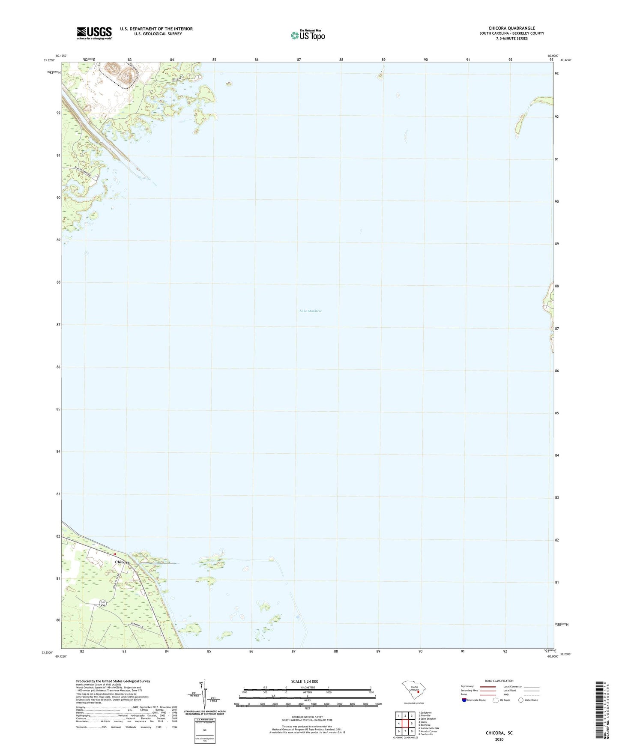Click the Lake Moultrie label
[310, 311]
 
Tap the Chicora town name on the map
[122, 562]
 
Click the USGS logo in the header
[94, 33]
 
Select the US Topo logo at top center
[308, 35]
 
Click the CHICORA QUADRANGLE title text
[511, 28]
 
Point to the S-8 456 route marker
[102, 604]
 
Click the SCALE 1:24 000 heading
[305, 681]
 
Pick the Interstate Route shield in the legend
[464, 700]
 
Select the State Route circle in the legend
[521, 700]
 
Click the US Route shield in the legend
[496, 700]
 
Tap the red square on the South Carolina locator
[418, 691]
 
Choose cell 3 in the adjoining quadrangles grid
[412, 716]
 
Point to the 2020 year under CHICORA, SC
[499, 739]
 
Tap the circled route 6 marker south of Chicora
[152, 609]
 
